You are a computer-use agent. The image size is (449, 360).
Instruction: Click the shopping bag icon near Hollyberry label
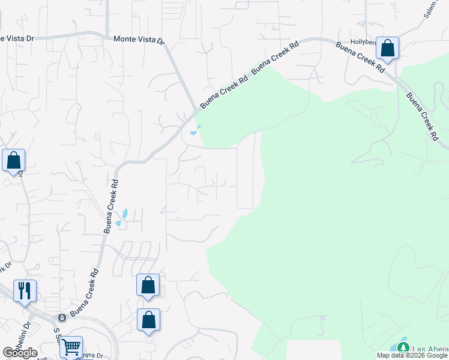[x=388, y=48]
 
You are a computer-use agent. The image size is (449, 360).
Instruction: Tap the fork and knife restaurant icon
[x=25, y=291]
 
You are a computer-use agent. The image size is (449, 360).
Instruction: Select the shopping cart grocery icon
[x=71, y=346]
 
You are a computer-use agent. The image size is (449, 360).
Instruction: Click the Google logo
[x=20, y=353]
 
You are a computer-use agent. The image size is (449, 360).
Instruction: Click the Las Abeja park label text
[x=430, y=349]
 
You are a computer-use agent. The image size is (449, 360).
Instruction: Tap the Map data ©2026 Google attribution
[x=412, y=355]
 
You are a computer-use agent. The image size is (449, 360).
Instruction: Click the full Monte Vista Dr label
[x=139, y=39]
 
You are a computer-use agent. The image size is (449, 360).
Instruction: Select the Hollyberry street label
[x=363, y=42]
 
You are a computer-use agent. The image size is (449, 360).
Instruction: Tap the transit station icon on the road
[x=61, y=317]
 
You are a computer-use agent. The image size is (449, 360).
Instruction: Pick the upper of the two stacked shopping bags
[x=148, y=286]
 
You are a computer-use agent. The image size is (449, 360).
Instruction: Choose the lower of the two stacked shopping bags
[x=148, y=320]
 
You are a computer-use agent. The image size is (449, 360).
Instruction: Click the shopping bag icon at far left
[x=13, y=161]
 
